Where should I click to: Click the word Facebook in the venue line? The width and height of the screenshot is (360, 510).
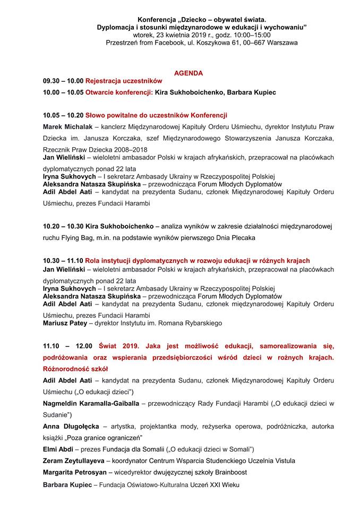166,42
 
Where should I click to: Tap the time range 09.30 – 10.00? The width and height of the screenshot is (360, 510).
63,81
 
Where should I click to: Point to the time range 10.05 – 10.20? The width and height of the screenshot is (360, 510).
63,115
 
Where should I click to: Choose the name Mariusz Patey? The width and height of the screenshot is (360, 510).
64,322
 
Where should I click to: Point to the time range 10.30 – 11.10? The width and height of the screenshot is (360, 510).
63,261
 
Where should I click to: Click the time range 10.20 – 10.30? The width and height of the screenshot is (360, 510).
63,226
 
